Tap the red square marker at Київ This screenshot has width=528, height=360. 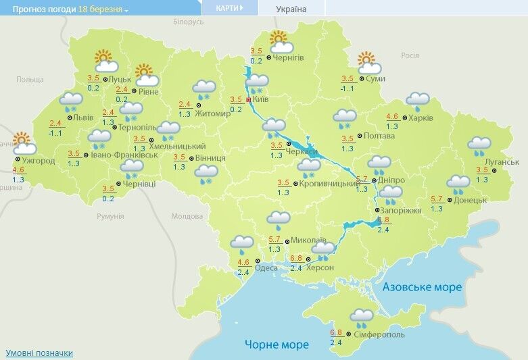[249, 100]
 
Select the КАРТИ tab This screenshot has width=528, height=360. [229, 8]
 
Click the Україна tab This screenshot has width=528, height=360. [291, 9]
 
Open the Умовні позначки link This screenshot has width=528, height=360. [39, 353]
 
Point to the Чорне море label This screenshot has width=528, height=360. [277, 344]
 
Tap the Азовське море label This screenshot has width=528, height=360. [422, 287]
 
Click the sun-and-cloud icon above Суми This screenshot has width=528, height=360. [368, 63]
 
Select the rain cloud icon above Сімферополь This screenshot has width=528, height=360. [362, 317]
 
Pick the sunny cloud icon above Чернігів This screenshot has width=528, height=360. [280, 42]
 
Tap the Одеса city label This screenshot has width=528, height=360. [266, 267]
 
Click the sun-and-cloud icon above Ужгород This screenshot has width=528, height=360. [24, 144]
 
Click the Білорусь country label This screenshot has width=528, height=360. [188, 22]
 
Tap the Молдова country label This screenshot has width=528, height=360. [187, 216]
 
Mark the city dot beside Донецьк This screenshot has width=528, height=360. [449, 200]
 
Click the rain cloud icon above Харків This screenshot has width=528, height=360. [417, 101]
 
